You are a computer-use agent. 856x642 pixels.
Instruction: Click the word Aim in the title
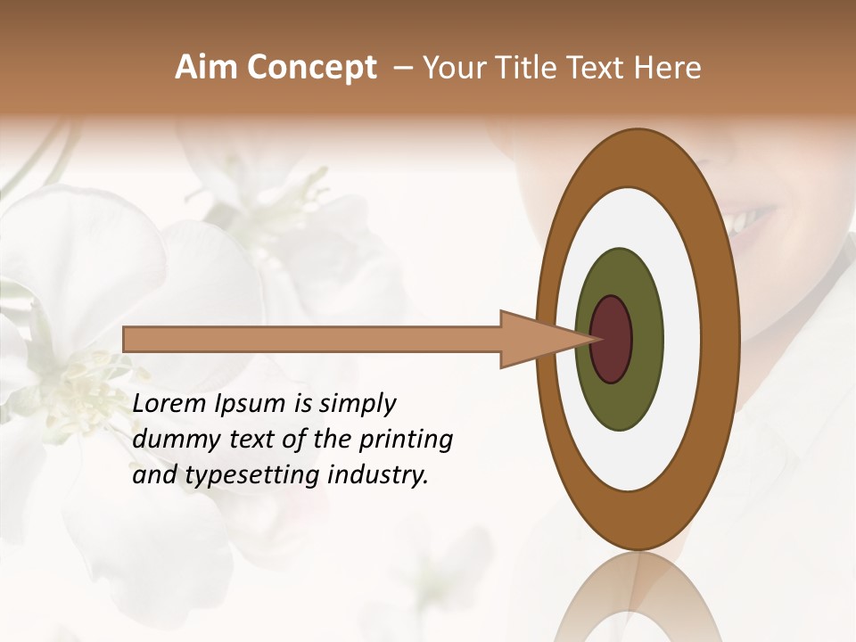pos(207,68)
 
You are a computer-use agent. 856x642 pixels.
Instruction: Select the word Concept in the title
pos(311,69)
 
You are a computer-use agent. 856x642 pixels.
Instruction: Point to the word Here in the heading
pos(668,68)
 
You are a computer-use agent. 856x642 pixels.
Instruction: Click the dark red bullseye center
pos(612,339)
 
